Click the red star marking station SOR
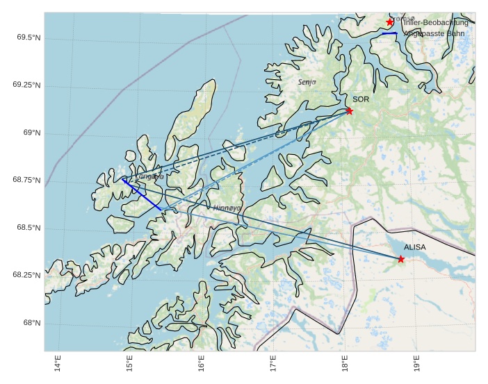coord(349,111)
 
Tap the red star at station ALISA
coord(401,259)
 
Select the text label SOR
coord(361,99)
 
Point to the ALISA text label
coord(415,247)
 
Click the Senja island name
coord(307,82)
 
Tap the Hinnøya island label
coord(227,207)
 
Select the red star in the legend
coord(390,22)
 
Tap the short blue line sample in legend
coord(389,33)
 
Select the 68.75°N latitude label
coord(26,181)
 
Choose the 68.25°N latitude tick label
coord(26,276)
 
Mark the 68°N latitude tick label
coord(31,323)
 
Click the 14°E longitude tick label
coord(58,364)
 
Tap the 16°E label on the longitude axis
coord(202,364)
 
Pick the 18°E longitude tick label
coord(344,364)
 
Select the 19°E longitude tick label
coord(416,364)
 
